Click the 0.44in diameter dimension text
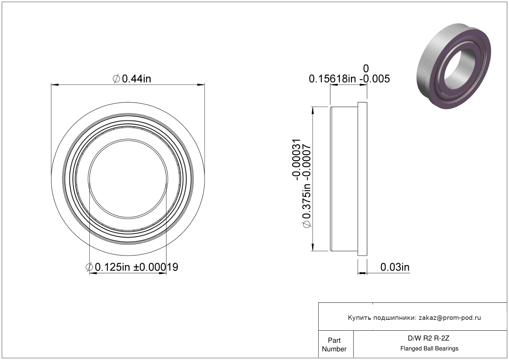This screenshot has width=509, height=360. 132,79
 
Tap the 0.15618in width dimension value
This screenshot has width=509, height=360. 332,79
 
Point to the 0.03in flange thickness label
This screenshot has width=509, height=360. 395,267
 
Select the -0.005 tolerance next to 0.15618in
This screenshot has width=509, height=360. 375,79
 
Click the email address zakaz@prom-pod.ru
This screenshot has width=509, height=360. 450,318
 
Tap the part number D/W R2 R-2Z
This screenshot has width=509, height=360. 429,338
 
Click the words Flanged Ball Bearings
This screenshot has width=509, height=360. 429,349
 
